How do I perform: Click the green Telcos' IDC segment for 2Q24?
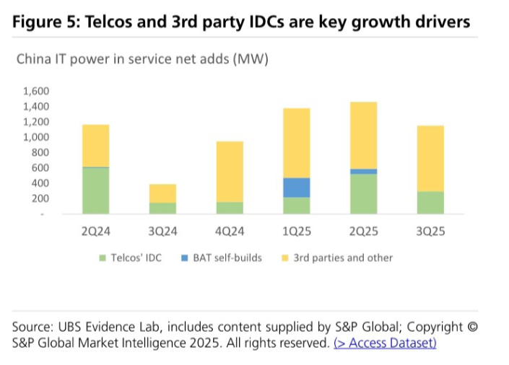click(95, 190)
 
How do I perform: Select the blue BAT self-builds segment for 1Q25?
click(297, 188)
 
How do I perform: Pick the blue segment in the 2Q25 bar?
click(364, 172)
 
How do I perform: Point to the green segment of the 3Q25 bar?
click(430, 203)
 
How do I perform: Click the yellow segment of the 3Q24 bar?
click(162, 193)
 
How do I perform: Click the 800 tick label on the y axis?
click(40, 153)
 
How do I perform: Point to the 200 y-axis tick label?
click(40, 198)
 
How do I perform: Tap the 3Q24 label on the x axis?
click(162, 232)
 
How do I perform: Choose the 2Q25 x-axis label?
click(364, 232)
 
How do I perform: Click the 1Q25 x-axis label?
click(297, 232)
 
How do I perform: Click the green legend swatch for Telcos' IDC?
click(102, 258)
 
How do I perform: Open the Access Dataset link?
click(385, 343)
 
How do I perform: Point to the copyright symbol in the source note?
click(473, 327)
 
